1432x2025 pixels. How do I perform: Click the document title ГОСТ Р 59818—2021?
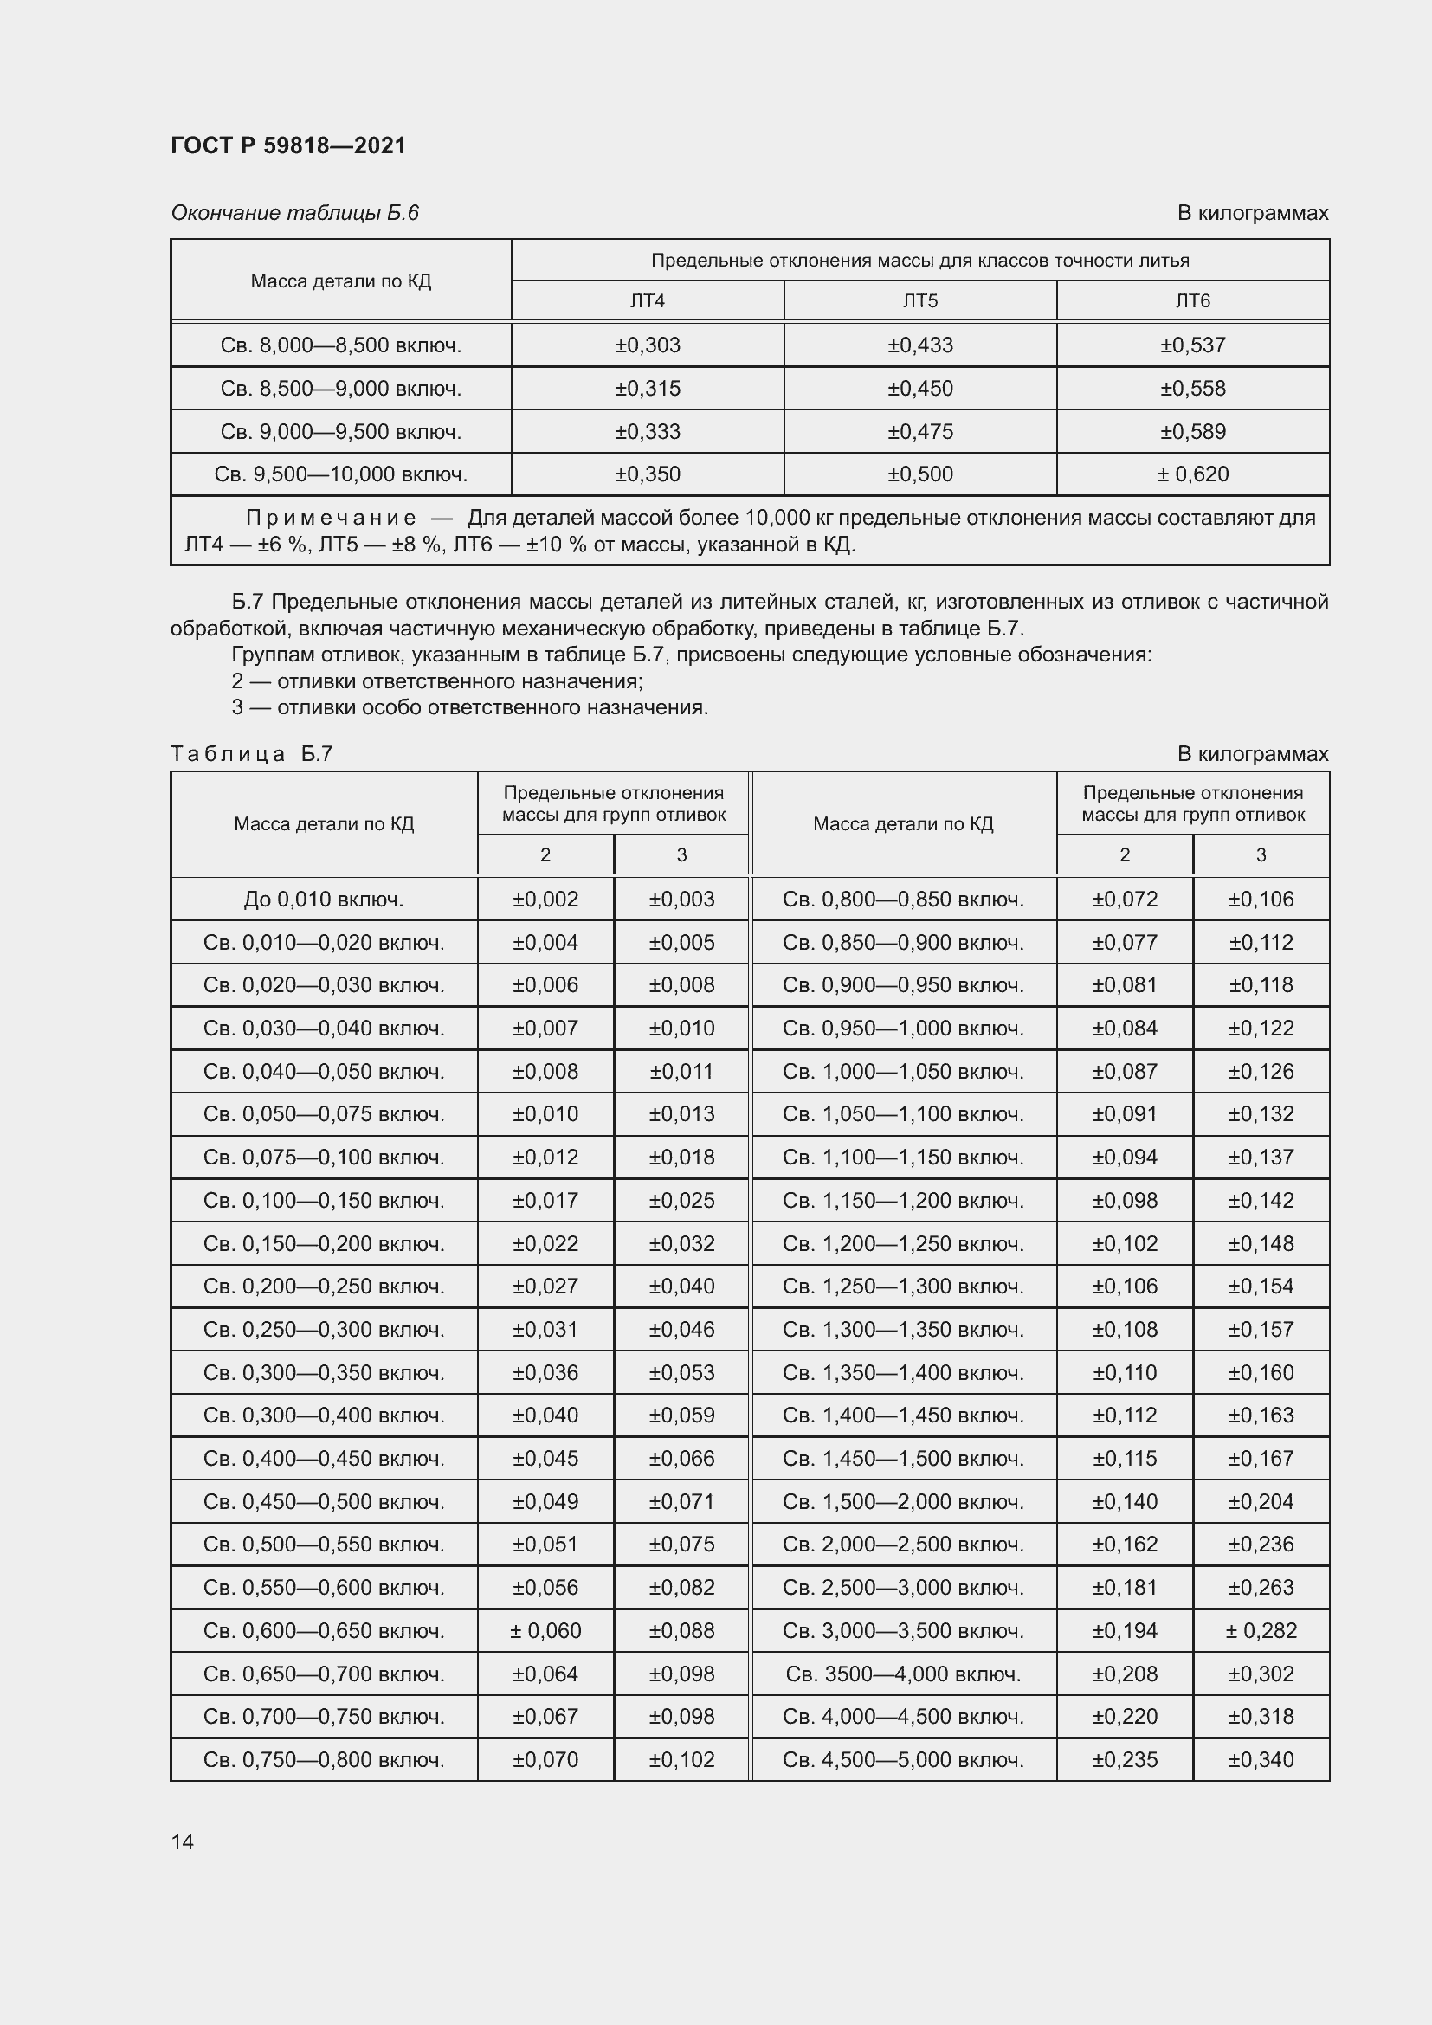tap(288, 145)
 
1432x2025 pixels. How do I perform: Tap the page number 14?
tap(183, 1841)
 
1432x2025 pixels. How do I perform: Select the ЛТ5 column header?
tap(919, 300)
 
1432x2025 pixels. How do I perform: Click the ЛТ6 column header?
tap(1192, 300)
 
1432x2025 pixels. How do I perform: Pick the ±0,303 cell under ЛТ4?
tap(648, 345)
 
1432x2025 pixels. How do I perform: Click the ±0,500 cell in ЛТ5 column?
tap(919, 474)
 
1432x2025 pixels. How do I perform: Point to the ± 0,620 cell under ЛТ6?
tap(1192, 474)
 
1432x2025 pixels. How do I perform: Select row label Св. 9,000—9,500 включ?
tap(340, 431)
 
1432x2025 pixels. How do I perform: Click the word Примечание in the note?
tap(331, 518)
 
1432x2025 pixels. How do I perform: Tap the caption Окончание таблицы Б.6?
tap(294, 213)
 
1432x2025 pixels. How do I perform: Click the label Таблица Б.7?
tap(251, 754)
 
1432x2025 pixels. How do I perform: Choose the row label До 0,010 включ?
tap(324, 900)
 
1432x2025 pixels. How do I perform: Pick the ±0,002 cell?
tap(545, 900)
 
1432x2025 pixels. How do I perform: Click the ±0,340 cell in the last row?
tap(1260, 1759)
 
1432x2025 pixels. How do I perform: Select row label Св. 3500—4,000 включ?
tap(903, 1674)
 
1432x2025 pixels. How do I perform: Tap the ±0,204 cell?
tap(1260, 1502)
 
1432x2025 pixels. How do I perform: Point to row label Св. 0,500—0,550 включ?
tap(324, 1545)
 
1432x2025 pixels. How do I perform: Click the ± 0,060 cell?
tap(545, 1631)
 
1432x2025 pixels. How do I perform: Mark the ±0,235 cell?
tap(1125, 1759)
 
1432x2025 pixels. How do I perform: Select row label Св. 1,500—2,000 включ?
tap(903, 1502)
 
